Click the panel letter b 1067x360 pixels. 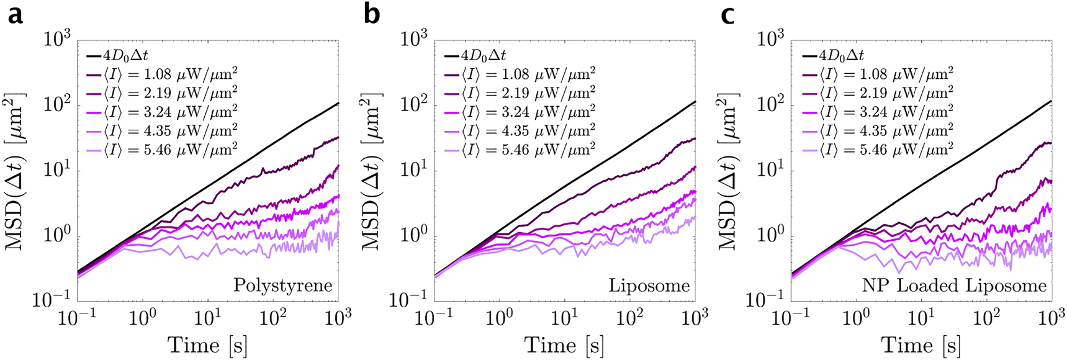(371, 14)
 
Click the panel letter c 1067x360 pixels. (727, 14)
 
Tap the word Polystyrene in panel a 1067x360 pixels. (282, 286)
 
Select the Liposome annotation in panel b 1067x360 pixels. (649, 286)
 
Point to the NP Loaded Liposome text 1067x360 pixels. (954, 286)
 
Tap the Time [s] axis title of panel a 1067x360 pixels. (207, 344)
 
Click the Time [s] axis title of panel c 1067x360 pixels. (921, 344)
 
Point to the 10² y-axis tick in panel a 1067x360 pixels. (58, 104)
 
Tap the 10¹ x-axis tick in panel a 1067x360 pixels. (207, 317)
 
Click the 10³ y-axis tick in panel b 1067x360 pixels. (415, 39)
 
